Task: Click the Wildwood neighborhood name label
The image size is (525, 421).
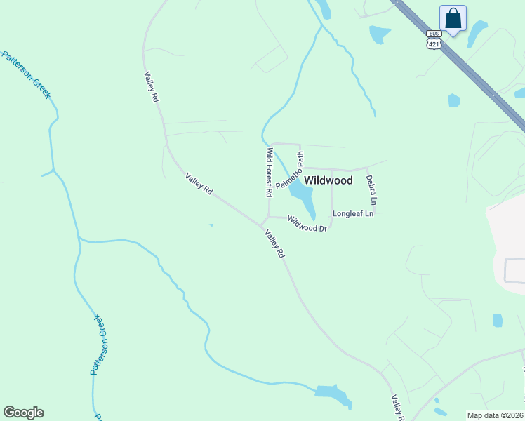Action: click(x=328, y=180)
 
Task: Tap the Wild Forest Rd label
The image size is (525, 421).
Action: click(x=269, y=172)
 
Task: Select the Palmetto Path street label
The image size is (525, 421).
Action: click(x=290, y=171)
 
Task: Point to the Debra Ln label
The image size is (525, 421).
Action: click(x=372, y=190)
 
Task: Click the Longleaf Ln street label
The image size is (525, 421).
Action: click(x=352, y=213)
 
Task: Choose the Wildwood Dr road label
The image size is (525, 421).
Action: click(x=307, y=225)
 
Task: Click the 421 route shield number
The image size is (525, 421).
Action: click(x=433, y=44)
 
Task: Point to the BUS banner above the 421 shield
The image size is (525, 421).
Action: click(x=433, y=34)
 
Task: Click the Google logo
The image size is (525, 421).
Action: click(x=23, y=413)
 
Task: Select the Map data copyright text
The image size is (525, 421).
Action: click(x=496, y=415)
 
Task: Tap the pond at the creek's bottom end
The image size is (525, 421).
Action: click(x=334, y=395)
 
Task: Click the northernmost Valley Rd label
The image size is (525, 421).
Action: click(x=151, y=88)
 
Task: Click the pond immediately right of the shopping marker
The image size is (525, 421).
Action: click(x=477, y=32)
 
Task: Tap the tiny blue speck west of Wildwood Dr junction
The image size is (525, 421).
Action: click(x=211, y=225)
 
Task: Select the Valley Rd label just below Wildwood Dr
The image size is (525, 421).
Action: click(x=274, y=244)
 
